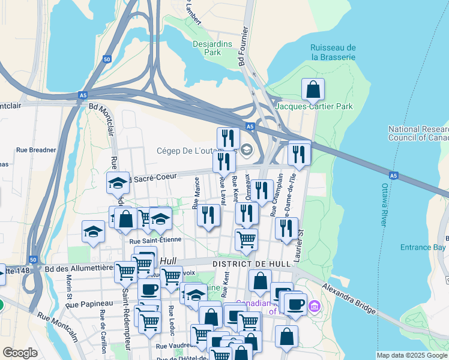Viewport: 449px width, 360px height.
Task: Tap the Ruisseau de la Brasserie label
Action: pos(333,52)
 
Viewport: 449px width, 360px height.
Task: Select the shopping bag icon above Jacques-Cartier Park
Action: pos(313,90)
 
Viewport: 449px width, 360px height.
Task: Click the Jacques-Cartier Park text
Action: pos(314,106)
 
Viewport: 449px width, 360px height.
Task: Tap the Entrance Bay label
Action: pos(423,247)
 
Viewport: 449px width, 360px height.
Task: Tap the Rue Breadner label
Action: pos(36,150)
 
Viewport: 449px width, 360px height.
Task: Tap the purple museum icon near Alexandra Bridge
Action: pos(312,307)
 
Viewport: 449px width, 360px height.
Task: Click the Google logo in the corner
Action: pos(20,353)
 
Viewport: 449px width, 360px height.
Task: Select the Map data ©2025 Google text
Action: pos(412,355)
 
